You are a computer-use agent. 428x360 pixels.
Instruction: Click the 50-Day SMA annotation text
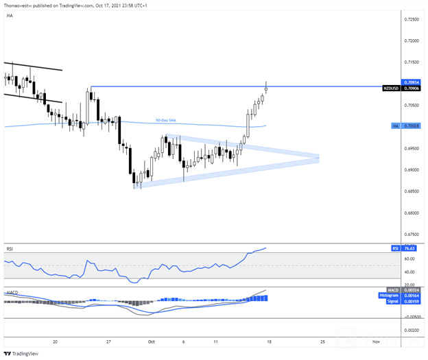[165, 120]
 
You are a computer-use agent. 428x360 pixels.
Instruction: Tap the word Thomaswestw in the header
[17, 4]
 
